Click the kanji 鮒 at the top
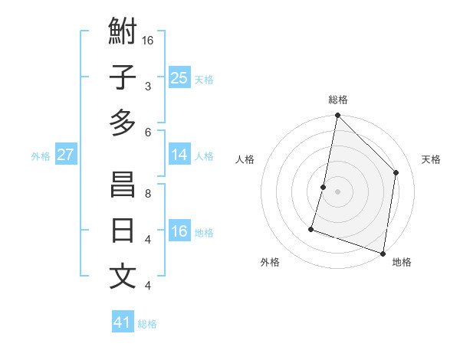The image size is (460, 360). coord(123,32)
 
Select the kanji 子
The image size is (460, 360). coord(123,77)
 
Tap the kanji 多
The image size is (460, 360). coord(123,123)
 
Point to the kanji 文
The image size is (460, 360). coord(123,276)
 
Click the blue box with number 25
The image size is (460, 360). coord(179,77)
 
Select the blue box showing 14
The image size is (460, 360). coord(179,155)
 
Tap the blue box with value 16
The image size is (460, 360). coord(179,231)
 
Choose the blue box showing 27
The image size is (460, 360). coord(65,155)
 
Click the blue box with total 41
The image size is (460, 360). coord(123,322)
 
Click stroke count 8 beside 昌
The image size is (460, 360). coord(148,194)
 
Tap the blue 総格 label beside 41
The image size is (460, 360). coord(147,324)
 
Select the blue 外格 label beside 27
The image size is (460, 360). coord(41,156)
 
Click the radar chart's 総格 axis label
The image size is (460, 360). coord(337,100)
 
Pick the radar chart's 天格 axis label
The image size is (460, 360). coord(431,159)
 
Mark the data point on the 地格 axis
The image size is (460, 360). coord(383,253)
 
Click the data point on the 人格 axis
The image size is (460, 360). coord(324,187)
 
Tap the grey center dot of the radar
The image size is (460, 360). coord(337,191)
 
